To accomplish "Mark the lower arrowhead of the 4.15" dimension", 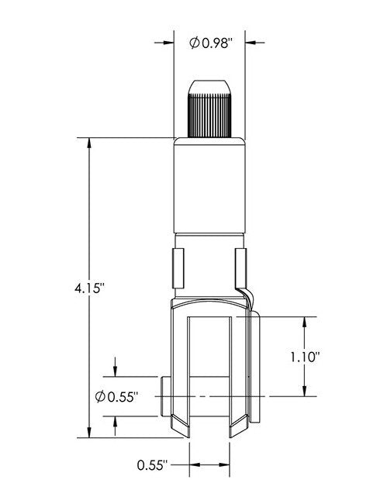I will pyautogui.click(x=91, y=433).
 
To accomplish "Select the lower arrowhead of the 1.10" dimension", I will pyautogui.click(x=304, y=392).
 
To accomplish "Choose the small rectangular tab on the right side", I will pyautogui.click(x=240, y=268).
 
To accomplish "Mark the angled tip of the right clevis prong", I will pyautogui.click(x=239, y=426).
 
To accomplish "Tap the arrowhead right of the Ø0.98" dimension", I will pyautogui.click(x=252, y=43).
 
